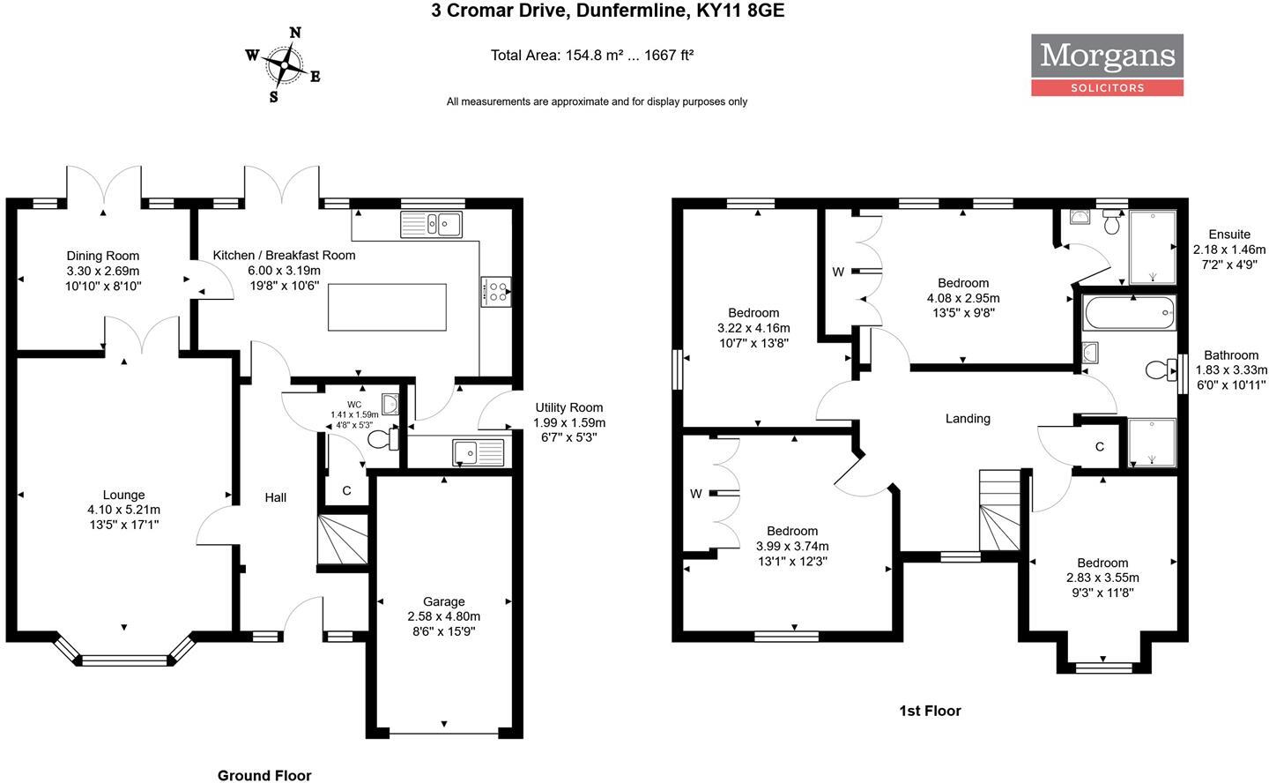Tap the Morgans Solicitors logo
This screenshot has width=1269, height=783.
1107,64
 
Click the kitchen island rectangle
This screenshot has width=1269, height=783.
387,307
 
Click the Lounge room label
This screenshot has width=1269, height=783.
123,495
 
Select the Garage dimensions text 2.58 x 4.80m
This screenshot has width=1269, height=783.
443,616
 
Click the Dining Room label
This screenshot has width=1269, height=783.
103,257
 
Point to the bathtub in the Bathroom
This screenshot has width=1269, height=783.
1130,313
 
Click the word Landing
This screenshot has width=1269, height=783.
968,419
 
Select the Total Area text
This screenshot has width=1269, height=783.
591,55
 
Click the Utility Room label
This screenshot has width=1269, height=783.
569,407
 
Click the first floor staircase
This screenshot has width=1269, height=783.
999,511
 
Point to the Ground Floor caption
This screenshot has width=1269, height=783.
264,775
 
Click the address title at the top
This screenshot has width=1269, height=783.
607,11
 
